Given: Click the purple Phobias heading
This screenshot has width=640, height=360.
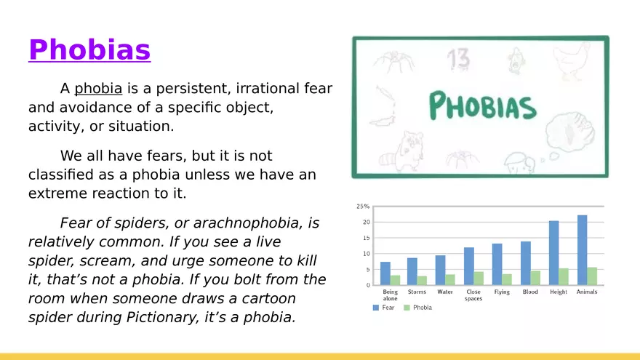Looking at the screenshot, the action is coord(89,49).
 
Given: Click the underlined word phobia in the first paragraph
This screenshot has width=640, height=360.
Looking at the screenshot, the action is coord(98,89).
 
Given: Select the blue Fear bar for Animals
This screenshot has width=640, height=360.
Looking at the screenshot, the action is coord(582,249).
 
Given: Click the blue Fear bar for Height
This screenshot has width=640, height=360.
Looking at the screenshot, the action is coord(554,252).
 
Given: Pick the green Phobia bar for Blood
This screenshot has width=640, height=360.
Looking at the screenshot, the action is coord(535,278).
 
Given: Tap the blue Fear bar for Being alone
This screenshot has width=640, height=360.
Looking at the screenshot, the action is coord(385,273).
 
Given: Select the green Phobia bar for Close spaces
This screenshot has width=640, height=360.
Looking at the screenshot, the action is coord(479,279).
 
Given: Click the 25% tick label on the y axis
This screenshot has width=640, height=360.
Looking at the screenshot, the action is coord(363,207).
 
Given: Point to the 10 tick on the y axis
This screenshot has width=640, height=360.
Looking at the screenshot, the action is coord(366,254).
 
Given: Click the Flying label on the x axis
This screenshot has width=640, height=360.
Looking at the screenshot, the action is coord(502,292).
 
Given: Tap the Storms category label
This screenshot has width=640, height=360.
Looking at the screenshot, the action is coord(417,292).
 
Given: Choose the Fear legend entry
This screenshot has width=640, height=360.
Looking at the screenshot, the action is coord(384,308).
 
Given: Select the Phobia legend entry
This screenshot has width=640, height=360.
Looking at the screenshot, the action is coord(417,308).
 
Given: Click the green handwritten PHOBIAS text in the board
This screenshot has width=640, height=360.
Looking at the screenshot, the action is coord(482,105).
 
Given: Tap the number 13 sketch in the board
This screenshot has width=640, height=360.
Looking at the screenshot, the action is coord(458,60).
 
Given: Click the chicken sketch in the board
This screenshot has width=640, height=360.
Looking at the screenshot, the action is coord(572,61).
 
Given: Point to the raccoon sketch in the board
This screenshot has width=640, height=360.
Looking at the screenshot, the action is coord(402,152).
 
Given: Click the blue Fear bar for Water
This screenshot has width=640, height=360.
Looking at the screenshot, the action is coord(440,271).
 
